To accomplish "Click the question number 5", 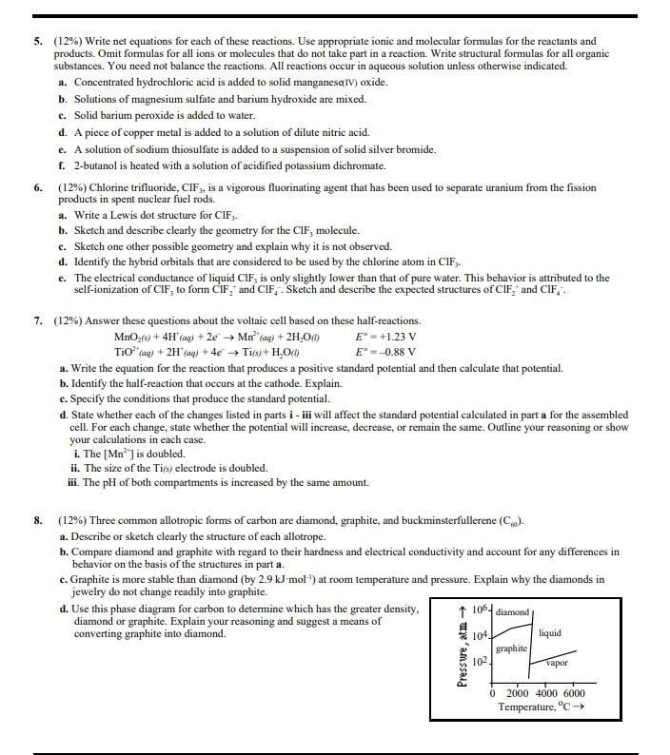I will point(37,42).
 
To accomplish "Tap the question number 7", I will point(37,320).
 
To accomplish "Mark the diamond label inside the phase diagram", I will point(515,611).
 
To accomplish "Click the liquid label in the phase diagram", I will point(549,633).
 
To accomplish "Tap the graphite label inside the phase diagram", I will point(512,649).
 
